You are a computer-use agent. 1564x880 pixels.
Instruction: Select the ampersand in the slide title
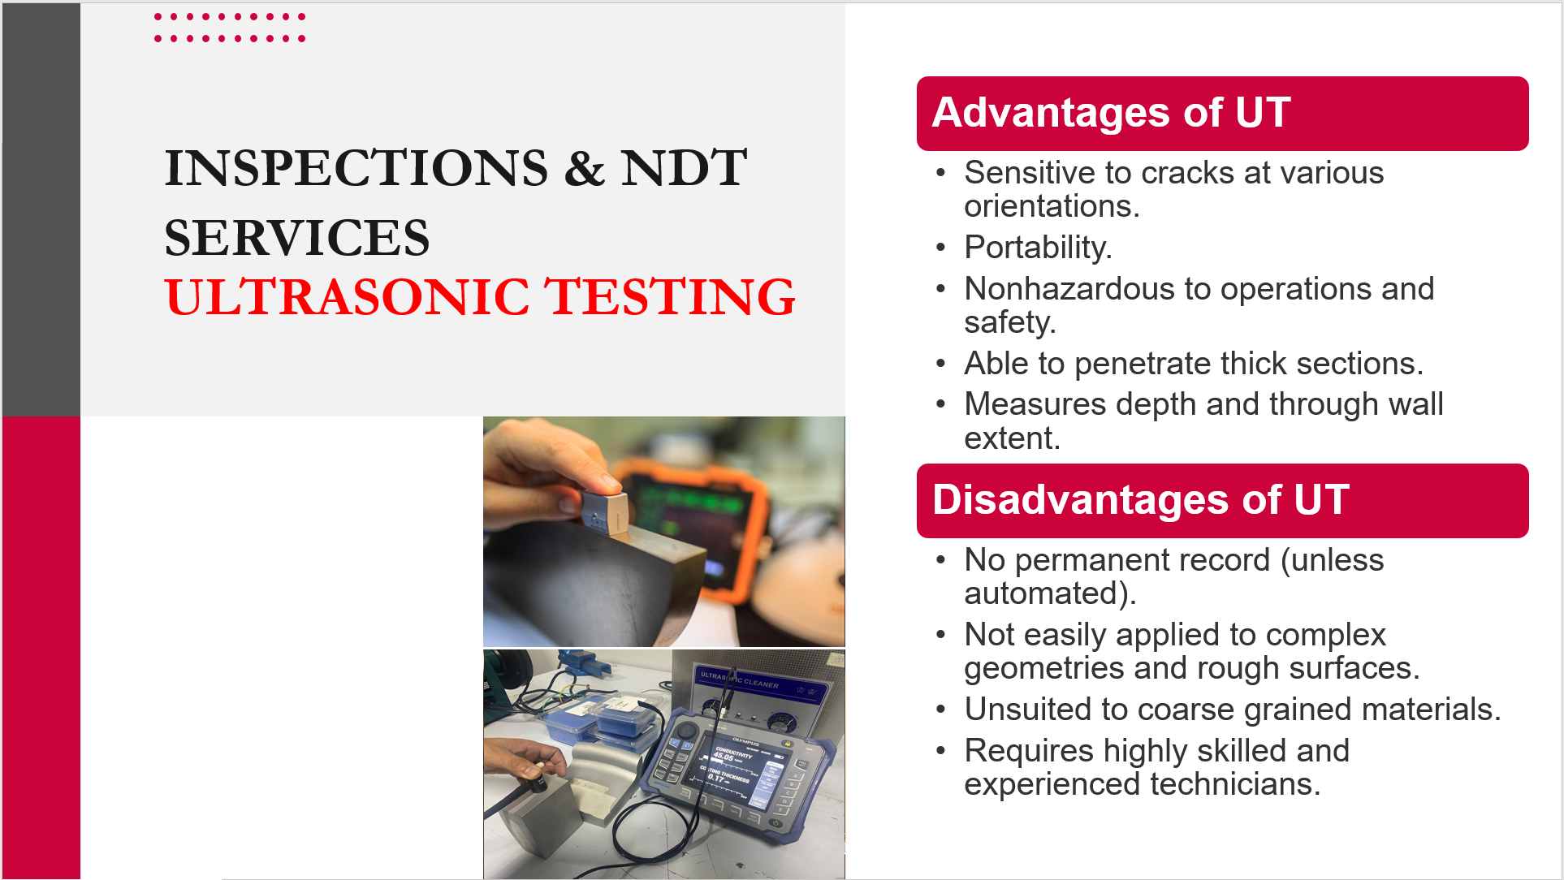click(x=585, y=168)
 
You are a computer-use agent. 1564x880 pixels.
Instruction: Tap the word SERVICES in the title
click(x=296, y=238)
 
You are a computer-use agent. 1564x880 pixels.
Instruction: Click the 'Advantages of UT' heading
click(x=1111, y=112)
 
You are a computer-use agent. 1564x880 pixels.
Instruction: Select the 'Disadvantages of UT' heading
click(x=1141, y=499)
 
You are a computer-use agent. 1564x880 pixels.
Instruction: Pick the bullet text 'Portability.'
click(x=1038, y=248)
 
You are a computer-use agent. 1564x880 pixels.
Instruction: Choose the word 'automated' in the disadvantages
click(x=1040, y=593)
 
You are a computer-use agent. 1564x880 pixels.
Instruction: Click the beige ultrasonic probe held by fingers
click(x=605, y=509)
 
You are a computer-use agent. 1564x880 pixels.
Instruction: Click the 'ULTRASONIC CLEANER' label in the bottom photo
click(x=739, y=679)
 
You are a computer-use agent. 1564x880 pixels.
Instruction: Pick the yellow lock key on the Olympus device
click(x=786, y=743)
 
